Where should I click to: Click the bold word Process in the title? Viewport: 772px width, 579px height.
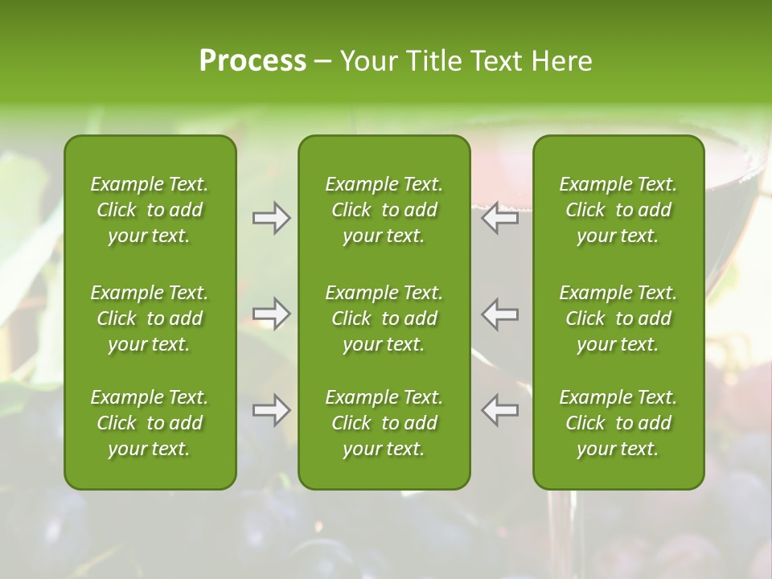253,61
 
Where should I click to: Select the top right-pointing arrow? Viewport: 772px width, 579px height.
271,218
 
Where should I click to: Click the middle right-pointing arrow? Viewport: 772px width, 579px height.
271,314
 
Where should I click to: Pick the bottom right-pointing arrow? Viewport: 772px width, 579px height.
271,410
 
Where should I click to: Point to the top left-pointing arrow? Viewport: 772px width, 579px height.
500,218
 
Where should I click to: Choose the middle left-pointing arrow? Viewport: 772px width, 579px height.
500,314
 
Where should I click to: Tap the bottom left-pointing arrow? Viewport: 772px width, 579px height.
500,410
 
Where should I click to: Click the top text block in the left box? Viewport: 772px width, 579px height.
150,210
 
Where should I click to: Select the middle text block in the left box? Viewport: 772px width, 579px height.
150,318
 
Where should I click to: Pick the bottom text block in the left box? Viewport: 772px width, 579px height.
150,423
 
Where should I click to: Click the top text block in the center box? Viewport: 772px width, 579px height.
384,210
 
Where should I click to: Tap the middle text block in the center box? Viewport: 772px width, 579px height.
384,318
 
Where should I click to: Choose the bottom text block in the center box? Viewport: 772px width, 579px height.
384,423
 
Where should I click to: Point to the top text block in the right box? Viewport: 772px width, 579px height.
618,210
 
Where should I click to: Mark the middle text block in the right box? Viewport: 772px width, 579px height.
618,318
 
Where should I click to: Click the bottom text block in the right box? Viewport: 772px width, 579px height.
618,423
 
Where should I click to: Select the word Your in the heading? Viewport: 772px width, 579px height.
368,61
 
